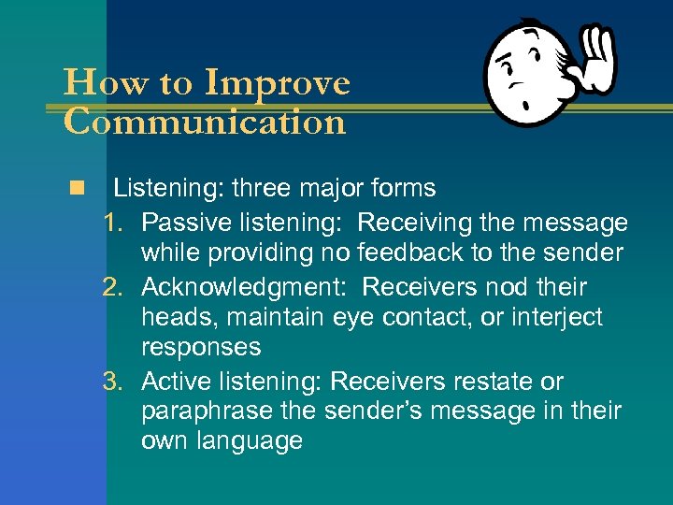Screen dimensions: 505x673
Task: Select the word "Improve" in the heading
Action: coord(277,84)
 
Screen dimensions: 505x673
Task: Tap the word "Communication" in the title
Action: coord(205,123)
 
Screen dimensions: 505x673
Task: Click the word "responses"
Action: coord(200,348)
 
